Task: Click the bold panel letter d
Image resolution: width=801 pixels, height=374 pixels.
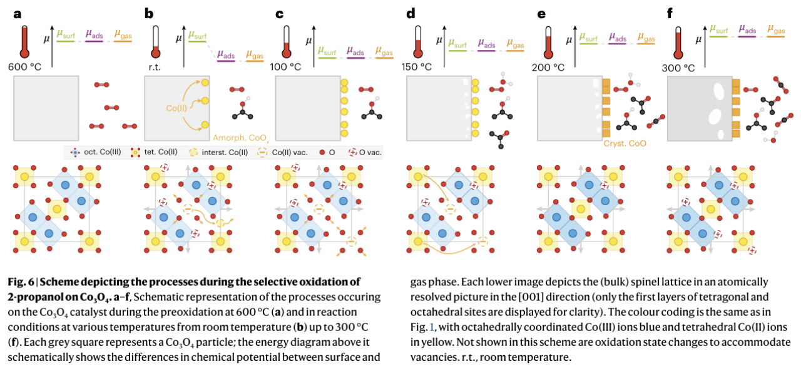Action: [x=411, y=13]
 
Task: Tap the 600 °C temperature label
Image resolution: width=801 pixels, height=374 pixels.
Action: [x=24, y=66]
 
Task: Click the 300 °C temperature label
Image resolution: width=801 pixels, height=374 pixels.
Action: [x=683, y=66]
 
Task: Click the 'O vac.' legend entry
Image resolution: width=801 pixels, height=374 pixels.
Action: [x=364, y=152]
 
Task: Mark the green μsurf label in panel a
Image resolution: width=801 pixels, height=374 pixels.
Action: [x=66, y=34]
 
